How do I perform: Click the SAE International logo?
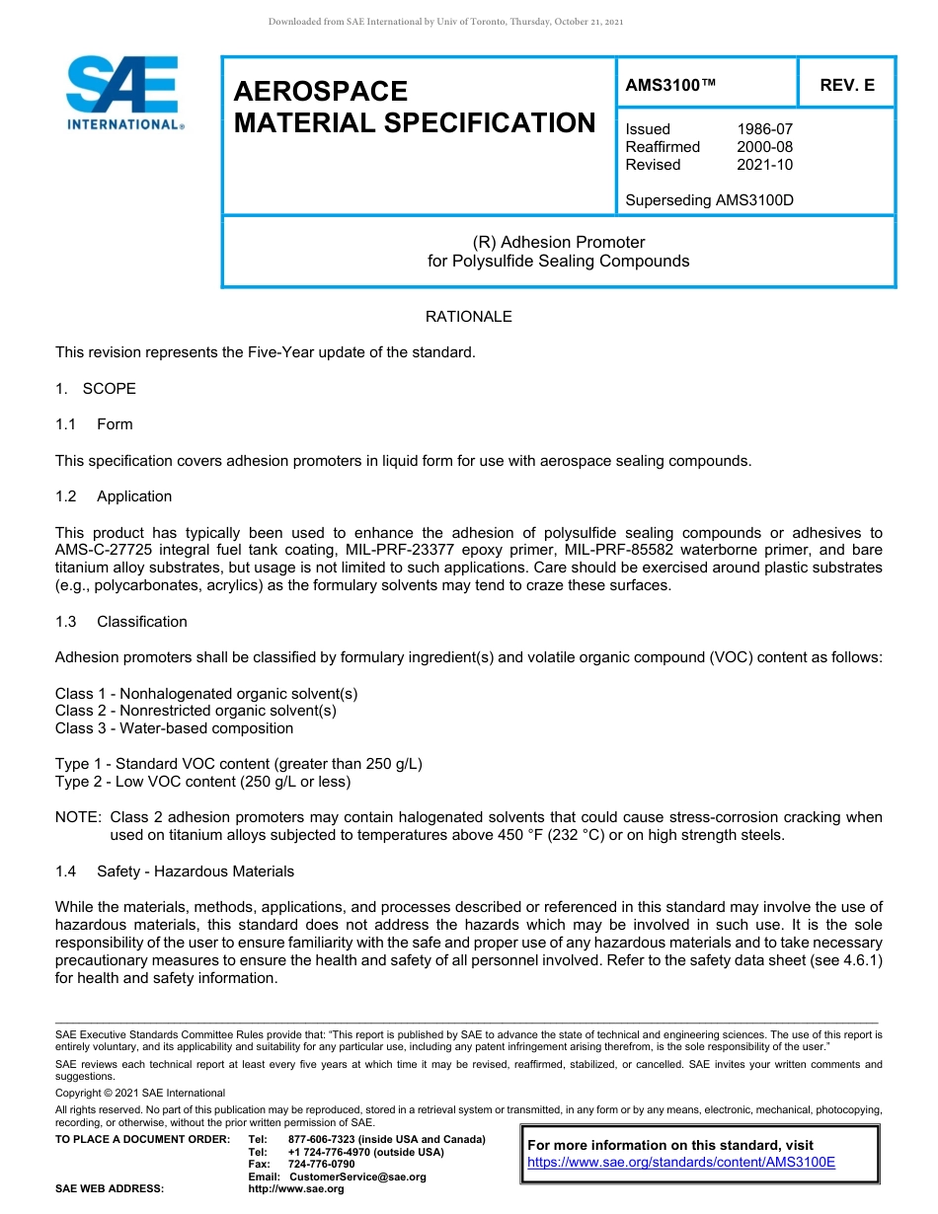point(123,93)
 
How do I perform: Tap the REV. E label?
point(846,86)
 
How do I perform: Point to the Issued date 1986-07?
point(764,129)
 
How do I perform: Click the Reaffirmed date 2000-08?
point(764,147)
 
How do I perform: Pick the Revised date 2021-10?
point(764,165)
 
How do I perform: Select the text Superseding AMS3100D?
point(709,200)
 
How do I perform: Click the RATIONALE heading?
point(468,317)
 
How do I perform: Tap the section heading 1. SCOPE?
point(96,389)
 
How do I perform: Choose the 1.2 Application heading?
point(114,496)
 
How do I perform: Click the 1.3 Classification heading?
point(121,622)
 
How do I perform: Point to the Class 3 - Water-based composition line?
point(174,728)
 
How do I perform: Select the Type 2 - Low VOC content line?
point(202,782)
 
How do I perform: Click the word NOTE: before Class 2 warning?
point(78,817)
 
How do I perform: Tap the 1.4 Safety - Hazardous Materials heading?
point(175,872)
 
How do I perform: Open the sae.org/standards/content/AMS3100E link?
point(681,1163)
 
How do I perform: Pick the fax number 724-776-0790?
point(321,1165)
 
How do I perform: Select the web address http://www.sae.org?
point(296,1189)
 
